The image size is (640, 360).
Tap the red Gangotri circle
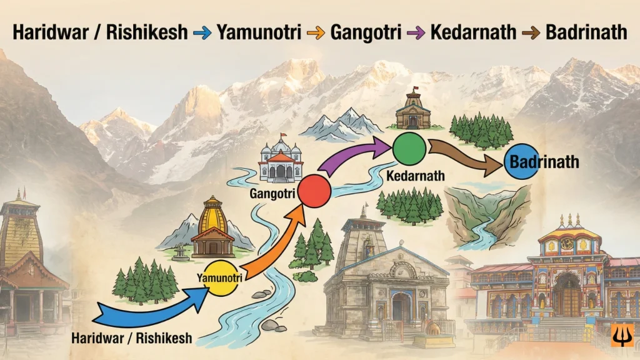pyautogui.click(x=313, y=191)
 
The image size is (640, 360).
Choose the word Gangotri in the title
pyautogui.click(x=364, y=31)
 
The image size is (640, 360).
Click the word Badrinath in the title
pyautogui.click(x=586, y=31)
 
